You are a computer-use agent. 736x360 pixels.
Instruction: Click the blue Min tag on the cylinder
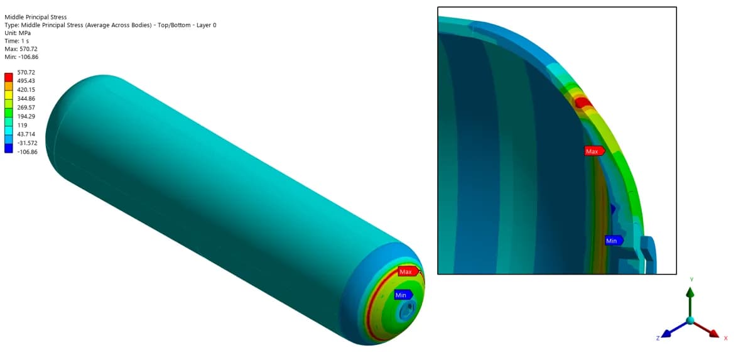[403, 295]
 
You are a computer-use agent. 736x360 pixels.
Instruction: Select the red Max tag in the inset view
[594, 151]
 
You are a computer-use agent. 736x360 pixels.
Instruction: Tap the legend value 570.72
[26, 72]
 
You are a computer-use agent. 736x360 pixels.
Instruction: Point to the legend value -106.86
[28, 151]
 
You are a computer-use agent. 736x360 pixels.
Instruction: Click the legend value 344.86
[26, 99]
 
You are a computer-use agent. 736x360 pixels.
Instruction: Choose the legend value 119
[22, 125]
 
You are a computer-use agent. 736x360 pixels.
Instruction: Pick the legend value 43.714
[26, 134]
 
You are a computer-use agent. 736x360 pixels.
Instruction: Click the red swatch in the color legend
[8, 77]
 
